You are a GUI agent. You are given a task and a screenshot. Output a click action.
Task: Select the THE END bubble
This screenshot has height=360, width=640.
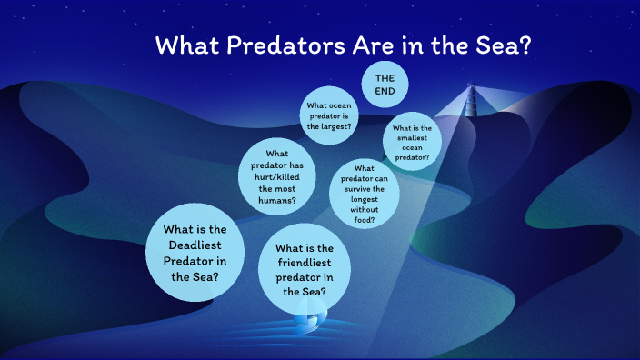click(x=385, y=85)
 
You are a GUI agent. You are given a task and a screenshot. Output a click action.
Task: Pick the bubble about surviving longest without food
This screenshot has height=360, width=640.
click(x=365, y=194)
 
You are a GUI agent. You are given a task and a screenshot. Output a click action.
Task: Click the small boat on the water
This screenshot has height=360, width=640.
click(x=310, y=319)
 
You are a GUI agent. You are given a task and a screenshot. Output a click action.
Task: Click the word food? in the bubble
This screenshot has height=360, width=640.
click(x=365, y=219)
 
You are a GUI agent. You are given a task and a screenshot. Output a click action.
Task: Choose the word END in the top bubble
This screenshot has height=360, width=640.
click(x=385, y=91)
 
